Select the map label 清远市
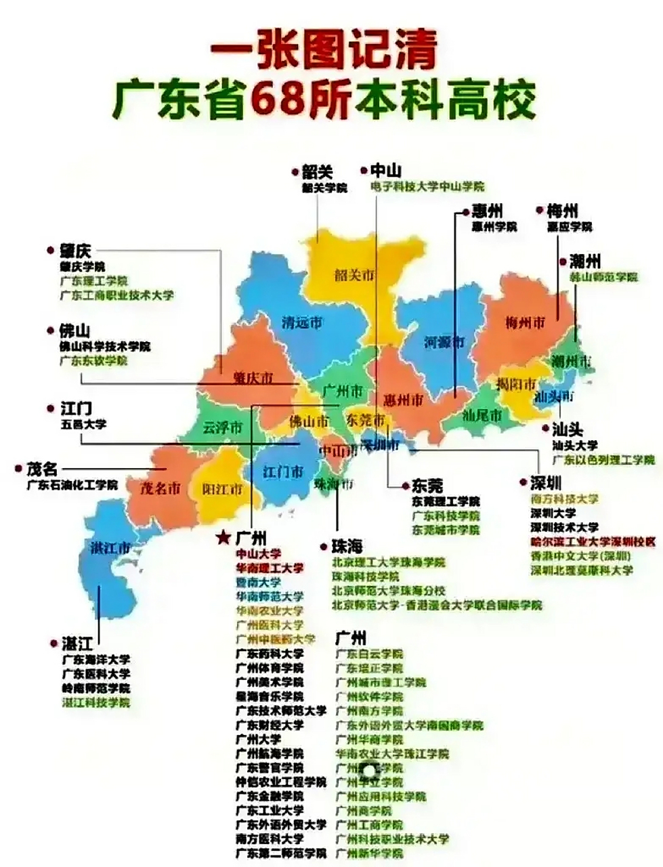pos(302,323)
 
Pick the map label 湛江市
pos(110,548)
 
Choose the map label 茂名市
pos(161,488)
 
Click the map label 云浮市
pos(222,428)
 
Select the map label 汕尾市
pos(482,414)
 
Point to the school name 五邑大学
pos(83,424)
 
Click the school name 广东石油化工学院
pos(72,485)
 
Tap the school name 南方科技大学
pos(564,499)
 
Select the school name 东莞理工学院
pos(445,502)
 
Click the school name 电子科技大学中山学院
pos(427,186)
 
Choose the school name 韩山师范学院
pos(603,278)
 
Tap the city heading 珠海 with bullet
pos(346,546)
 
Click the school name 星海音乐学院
pos(270,696)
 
